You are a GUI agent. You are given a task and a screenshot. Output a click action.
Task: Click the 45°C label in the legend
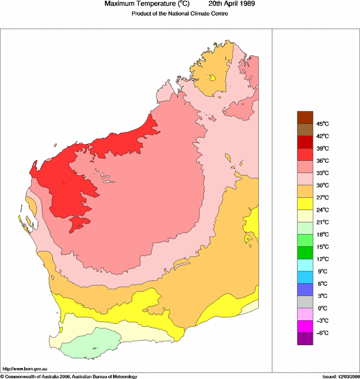point(321,124)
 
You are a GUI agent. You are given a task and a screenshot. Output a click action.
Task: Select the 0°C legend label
point(321,308)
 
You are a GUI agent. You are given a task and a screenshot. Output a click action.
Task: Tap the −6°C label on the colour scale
point(321,333)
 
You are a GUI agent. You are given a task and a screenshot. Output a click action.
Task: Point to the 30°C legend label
point(321,185)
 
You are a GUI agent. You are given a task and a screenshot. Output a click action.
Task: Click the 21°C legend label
point(321,222)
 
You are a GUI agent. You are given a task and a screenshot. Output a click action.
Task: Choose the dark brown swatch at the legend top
point(305,117)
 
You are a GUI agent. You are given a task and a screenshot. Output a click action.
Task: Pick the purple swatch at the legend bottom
point(305,339)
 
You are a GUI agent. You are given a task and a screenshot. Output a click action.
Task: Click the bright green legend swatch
point(305,252)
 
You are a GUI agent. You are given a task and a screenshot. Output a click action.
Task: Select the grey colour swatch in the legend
point(305,301)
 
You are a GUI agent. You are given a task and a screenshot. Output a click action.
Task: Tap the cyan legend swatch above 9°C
point(305,265)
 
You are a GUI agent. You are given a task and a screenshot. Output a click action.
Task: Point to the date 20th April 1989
point(227,4)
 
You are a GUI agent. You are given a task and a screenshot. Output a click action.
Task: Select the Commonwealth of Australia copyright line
point(69,376)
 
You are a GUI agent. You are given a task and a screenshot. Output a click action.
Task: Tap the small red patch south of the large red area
point(79,223)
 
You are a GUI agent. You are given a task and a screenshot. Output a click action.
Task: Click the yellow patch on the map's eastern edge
point(253,221)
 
